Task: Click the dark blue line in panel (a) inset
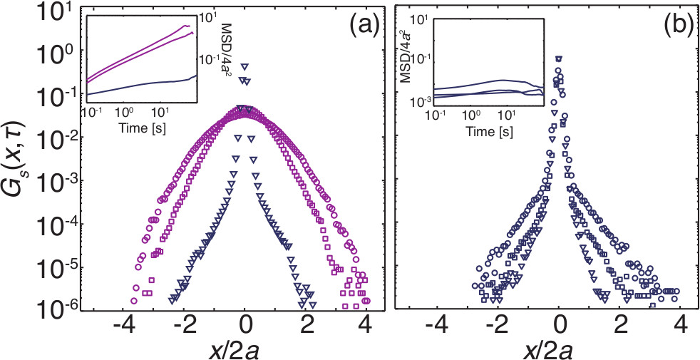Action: (x=143, y=84)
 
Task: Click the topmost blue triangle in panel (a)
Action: (x=245, y=65)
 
